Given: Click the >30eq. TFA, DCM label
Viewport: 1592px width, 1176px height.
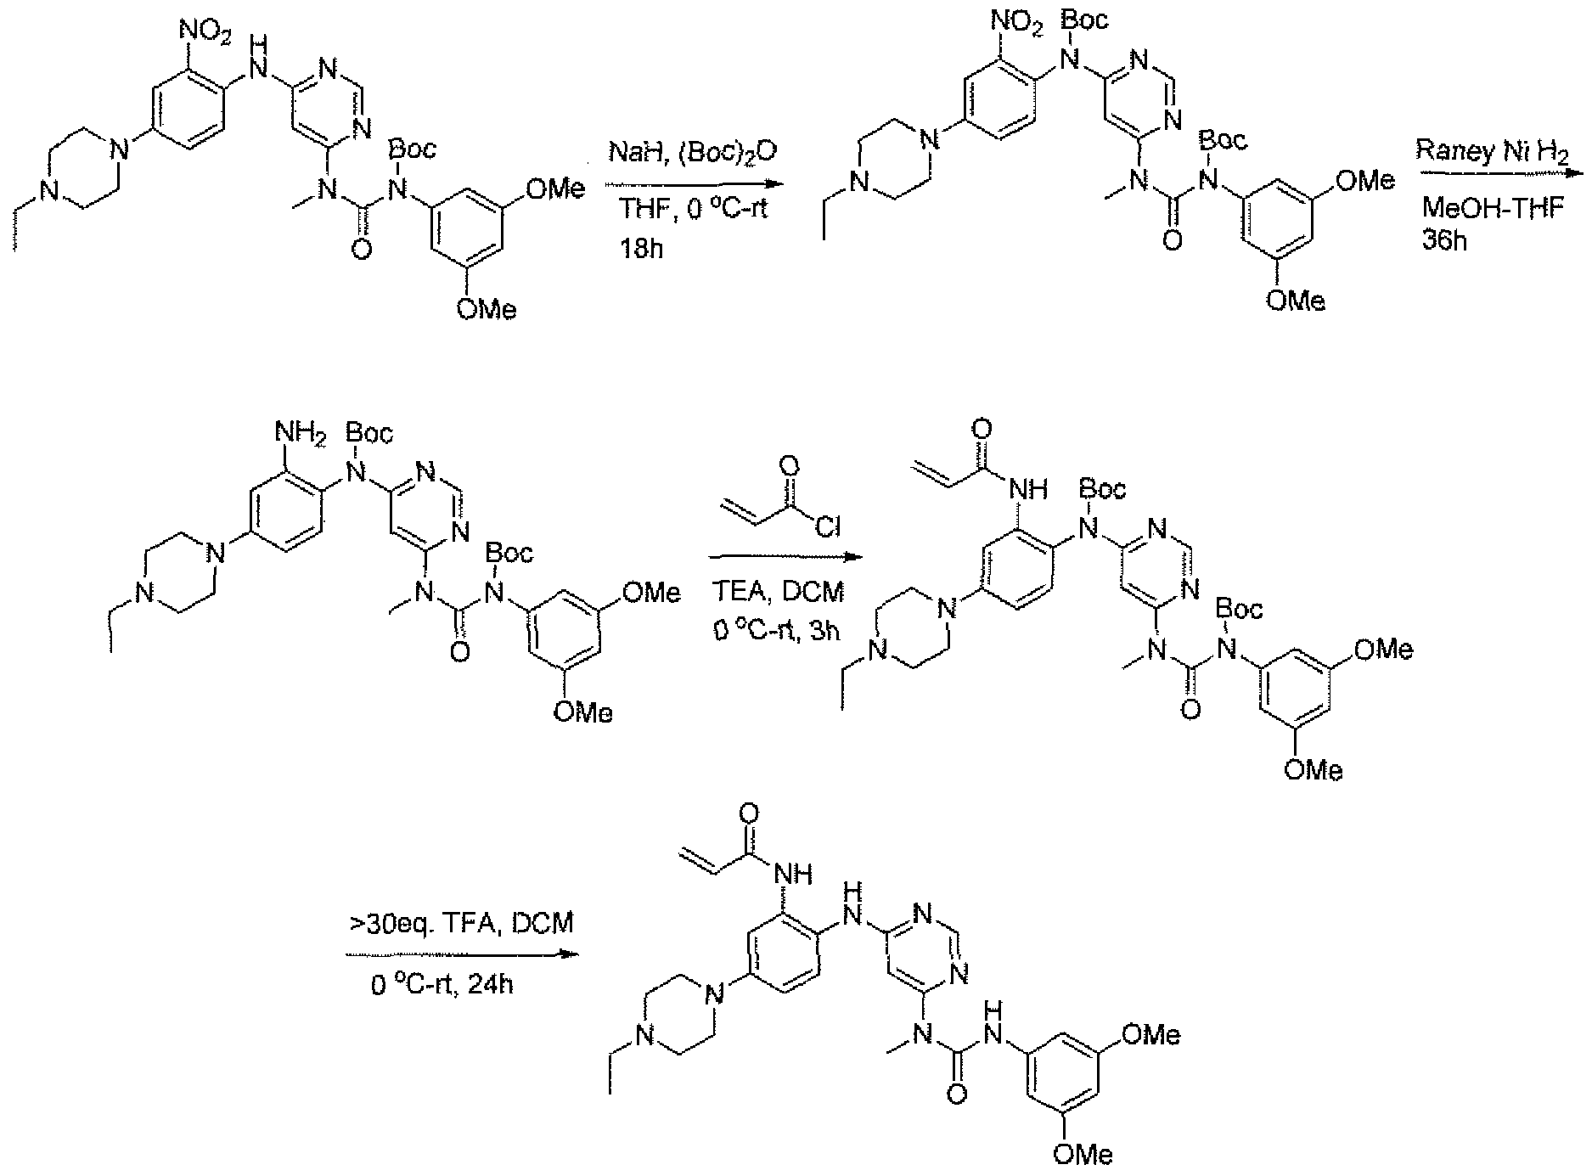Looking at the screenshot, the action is point(460,923).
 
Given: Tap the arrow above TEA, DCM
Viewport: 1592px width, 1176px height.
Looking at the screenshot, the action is point(782,558).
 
